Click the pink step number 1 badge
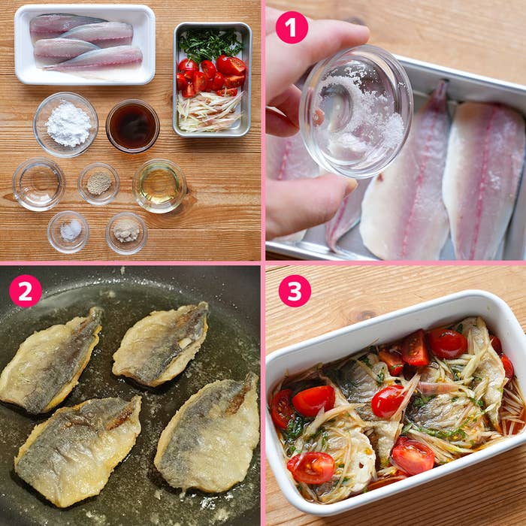292,28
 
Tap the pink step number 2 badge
26,291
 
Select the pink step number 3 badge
295,291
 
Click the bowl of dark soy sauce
133,126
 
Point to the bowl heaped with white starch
66,125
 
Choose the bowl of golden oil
159,186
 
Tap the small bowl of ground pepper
98,184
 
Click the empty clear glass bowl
38,185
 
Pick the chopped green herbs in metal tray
210,45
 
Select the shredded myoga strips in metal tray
209,112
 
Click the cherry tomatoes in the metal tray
212,76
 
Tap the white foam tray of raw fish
85,44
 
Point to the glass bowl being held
356,111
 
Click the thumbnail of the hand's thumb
348,186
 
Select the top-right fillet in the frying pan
160,344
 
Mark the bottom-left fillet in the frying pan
77,449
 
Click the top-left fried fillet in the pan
50,360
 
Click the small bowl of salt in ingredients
68,231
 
